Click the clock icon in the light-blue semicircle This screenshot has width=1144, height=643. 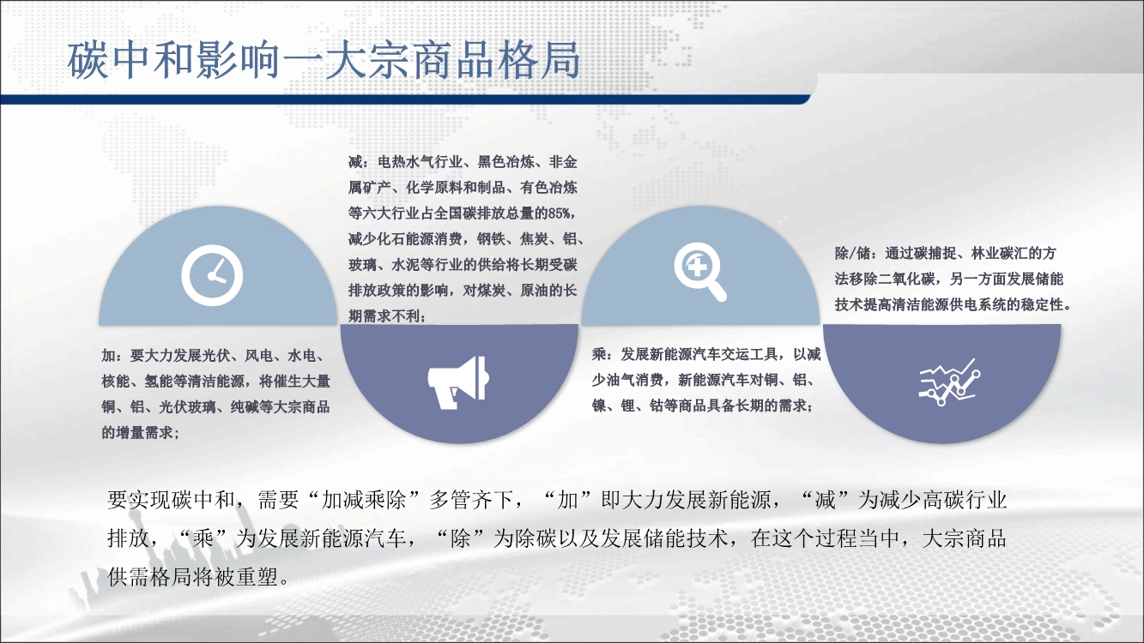click(x=212, y=275)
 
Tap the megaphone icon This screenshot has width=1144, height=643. click(x=458, y=382)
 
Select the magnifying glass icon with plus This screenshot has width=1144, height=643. click(x=700, y=273)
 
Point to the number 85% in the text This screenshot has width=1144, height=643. click(x=560, y=213)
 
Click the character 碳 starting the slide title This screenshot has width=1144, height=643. click(x=88, y=60)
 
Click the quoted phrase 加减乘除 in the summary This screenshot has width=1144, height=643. click(x=364, y=500)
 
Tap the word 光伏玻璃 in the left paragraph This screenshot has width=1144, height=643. click(x=187, y=406)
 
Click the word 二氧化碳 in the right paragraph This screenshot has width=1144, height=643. click(x=906, y=279)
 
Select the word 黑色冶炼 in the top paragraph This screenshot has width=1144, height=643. click(x=505, y=162)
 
